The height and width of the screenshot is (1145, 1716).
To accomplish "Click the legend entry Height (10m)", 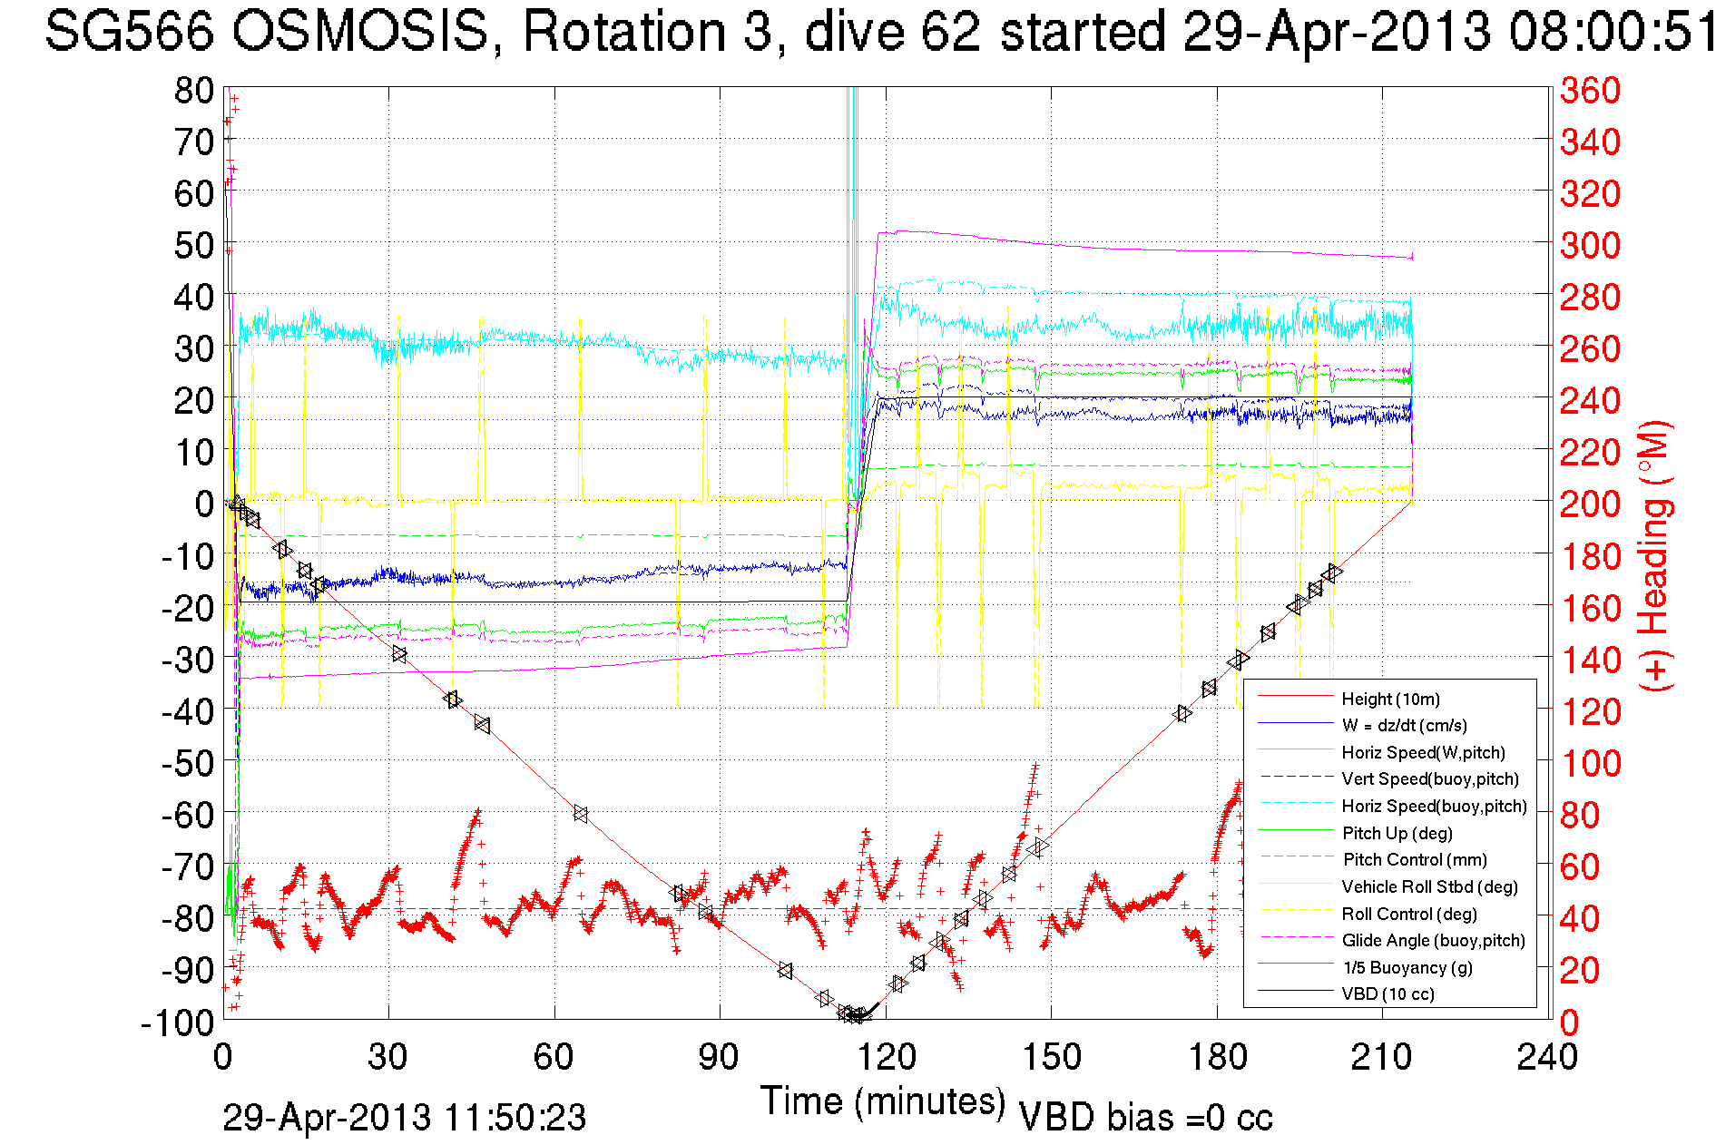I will click(x=1390, y=699).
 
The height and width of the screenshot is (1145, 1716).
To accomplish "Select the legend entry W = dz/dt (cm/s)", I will click(x=1404, y=725).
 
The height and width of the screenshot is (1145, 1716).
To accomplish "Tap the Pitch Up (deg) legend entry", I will click(x=1397, y=833).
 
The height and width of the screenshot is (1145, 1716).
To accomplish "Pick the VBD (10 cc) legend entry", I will click(x=1388, y=994).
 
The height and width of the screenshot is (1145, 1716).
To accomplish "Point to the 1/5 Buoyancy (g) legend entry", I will click(x=1407, y=967).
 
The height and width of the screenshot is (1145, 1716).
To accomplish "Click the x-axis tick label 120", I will click(x=887, y=1057).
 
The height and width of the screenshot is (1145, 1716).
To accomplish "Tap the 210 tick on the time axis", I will click(x=1382, y=1057).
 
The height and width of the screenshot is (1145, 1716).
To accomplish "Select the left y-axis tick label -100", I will click(x=178, y=1023).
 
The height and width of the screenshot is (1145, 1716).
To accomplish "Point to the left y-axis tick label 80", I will click(x=194, y=91).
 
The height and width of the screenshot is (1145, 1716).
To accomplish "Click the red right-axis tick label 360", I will click(x=1590, y=91).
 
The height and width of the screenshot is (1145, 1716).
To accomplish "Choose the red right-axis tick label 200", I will click(x=1590, y=504).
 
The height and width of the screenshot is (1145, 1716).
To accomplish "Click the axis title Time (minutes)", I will click(x=883, y=1101).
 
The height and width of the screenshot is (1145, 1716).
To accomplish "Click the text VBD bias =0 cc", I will click(x=1146, y=1118).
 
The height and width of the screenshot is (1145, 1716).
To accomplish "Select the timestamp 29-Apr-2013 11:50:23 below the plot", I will click(x=405, y=1118).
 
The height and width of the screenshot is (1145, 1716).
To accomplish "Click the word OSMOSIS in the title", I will click(x=359, y=33).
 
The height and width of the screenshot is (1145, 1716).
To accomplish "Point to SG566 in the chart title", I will click(x=130, y=33).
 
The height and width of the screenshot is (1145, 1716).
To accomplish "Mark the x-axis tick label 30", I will click(x=388, y=1057).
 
